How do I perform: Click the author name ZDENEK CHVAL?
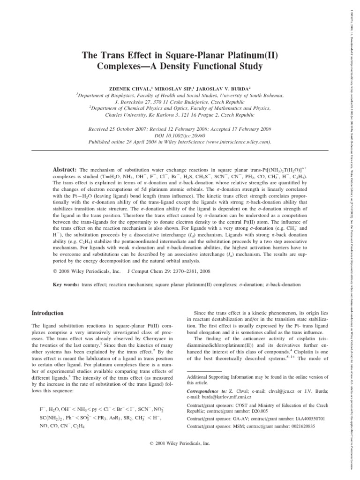pyautogui.click(x=137, y=87)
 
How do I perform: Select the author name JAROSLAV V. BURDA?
pyautogui.click(x=234, y=87)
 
